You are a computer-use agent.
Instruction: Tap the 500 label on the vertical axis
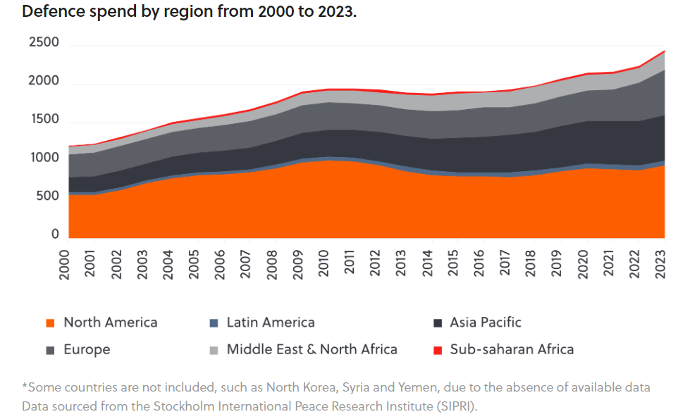tap(48, 196)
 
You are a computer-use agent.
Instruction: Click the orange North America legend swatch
tap(50, 323)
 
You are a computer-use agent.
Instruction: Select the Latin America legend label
tap(271, 323)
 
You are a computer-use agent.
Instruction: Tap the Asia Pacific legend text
tap(486, 323)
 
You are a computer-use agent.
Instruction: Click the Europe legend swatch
tap(50, 350)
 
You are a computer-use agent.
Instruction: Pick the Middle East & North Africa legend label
tap(312, 349)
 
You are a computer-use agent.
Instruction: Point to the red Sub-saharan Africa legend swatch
tap(437, 350)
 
